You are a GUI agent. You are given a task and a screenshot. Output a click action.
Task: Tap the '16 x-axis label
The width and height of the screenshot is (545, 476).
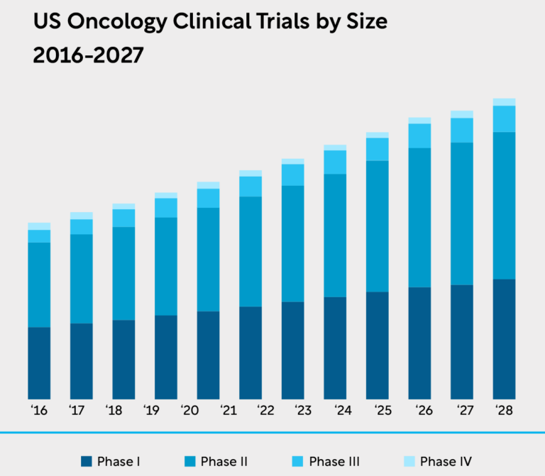point(39,411)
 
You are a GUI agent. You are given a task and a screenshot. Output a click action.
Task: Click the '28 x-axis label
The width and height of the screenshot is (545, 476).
point(504,411)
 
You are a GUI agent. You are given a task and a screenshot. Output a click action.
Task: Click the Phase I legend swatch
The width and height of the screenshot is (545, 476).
point(87,462)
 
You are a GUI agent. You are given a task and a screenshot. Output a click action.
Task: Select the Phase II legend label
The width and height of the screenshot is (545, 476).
point(224,462)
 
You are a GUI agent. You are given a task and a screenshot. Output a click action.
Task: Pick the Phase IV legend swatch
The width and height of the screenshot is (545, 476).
point(410,462)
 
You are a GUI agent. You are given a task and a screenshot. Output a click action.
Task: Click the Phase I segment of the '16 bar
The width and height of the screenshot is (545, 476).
point(39,362)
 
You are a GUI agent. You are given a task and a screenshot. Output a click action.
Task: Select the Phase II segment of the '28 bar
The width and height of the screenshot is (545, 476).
point(504,205)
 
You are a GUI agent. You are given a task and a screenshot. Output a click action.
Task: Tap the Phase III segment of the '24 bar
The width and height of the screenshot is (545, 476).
point(335,162)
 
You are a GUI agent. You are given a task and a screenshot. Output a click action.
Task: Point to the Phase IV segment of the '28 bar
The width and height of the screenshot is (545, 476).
point(504,101)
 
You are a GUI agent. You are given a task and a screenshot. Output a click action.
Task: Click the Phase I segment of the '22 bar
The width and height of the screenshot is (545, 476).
point(251,352)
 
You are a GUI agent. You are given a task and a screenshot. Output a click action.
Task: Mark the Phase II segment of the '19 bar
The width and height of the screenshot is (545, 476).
point(166,266)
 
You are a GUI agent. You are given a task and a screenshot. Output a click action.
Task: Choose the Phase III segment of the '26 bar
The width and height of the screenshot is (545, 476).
point(419,135)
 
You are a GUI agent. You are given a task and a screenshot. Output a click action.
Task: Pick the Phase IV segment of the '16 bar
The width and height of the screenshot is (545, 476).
point(39,226)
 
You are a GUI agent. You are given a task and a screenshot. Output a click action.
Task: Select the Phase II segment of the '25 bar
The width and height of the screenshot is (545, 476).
point(377,226)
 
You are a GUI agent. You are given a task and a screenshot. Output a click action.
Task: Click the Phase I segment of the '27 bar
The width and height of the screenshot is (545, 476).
point(462,341)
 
